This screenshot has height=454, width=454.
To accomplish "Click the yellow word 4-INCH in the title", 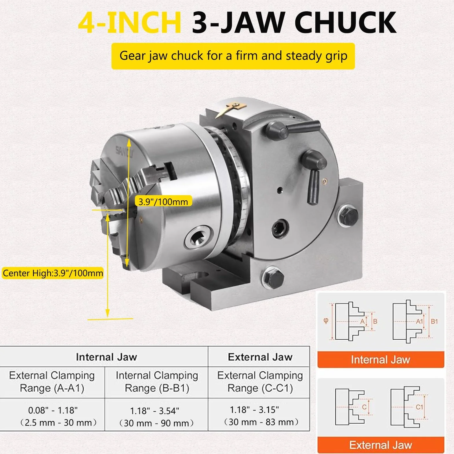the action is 130,23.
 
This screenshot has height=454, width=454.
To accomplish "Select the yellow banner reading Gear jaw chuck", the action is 233,56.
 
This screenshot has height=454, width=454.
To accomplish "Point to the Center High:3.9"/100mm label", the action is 53,273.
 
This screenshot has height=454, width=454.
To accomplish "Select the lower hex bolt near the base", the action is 272,278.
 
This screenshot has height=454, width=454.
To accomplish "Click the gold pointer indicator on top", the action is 231,109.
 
